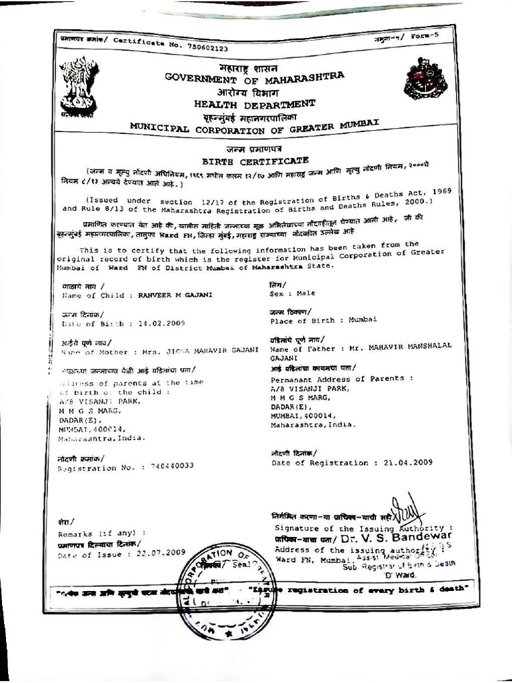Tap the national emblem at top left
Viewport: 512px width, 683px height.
[x=79, y=85]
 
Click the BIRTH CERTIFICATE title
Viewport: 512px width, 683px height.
[x=255, y=161]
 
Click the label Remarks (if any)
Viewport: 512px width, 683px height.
[x=101, y=534]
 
